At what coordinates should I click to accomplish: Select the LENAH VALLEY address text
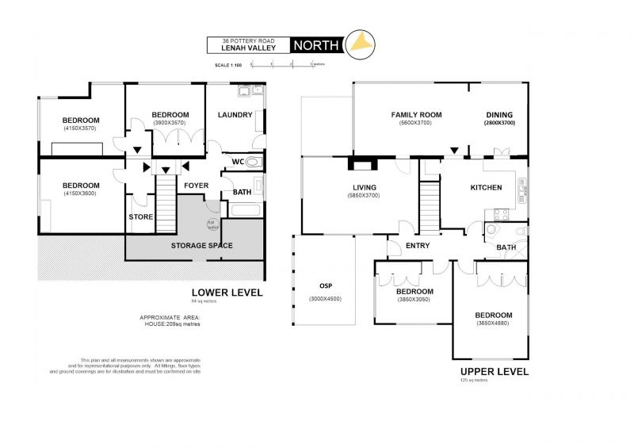pos(248,49)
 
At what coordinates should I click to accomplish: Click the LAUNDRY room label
pos(235,115)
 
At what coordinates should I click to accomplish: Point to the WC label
pos(237,163)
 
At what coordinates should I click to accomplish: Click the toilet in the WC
pos(254,162)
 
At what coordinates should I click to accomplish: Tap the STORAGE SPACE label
pos(202,246)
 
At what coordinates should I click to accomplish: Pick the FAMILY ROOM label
pos(416,115)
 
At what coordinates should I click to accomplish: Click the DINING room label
pos(499,115)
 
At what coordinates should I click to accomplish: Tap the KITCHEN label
pos(486,188)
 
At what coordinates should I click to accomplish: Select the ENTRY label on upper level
pos(417,246)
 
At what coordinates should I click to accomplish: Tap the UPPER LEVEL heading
pos(494,371)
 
